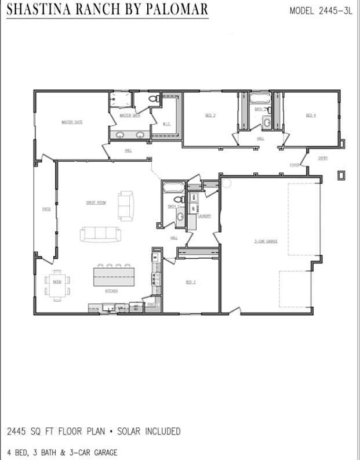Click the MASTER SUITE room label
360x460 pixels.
[72, 122]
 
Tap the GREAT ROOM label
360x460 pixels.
[96, 202]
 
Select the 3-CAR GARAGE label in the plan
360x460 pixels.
[266, 241]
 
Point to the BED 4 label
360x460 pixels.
[311, 115]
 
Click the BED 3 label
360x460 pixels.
[210, 115]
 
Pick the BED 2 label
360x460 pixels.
[190, 282]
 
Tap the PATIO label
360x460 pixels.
[46, 209]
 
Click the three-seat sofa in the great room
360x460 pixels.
[101, 234]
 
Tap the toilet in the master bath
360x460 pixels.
[153, 100]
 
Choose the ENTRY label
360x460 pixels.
[323, 158]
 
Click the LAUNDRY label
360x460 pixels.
[204, 216]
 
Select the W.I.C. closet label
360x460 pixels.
[166, 124]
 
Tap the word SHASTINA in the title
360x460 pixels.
[43, 10]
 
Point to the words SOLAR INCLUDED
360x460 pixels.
[148, 432]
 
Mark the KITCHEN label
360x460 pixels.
[111, 291]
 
